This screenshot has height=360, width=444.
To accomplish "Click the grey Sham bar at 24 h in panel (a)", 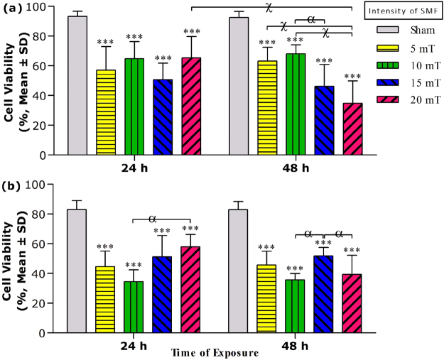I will (77, 85).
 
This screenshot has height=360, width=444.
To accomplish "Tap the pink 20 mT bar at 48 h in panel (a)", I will (352, 129).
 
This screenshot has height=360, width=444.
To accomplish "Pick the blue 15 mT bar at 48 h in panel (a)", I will (324, 120).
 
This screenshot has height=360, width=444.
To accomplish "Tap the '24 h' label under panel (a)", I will (134, 169).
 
